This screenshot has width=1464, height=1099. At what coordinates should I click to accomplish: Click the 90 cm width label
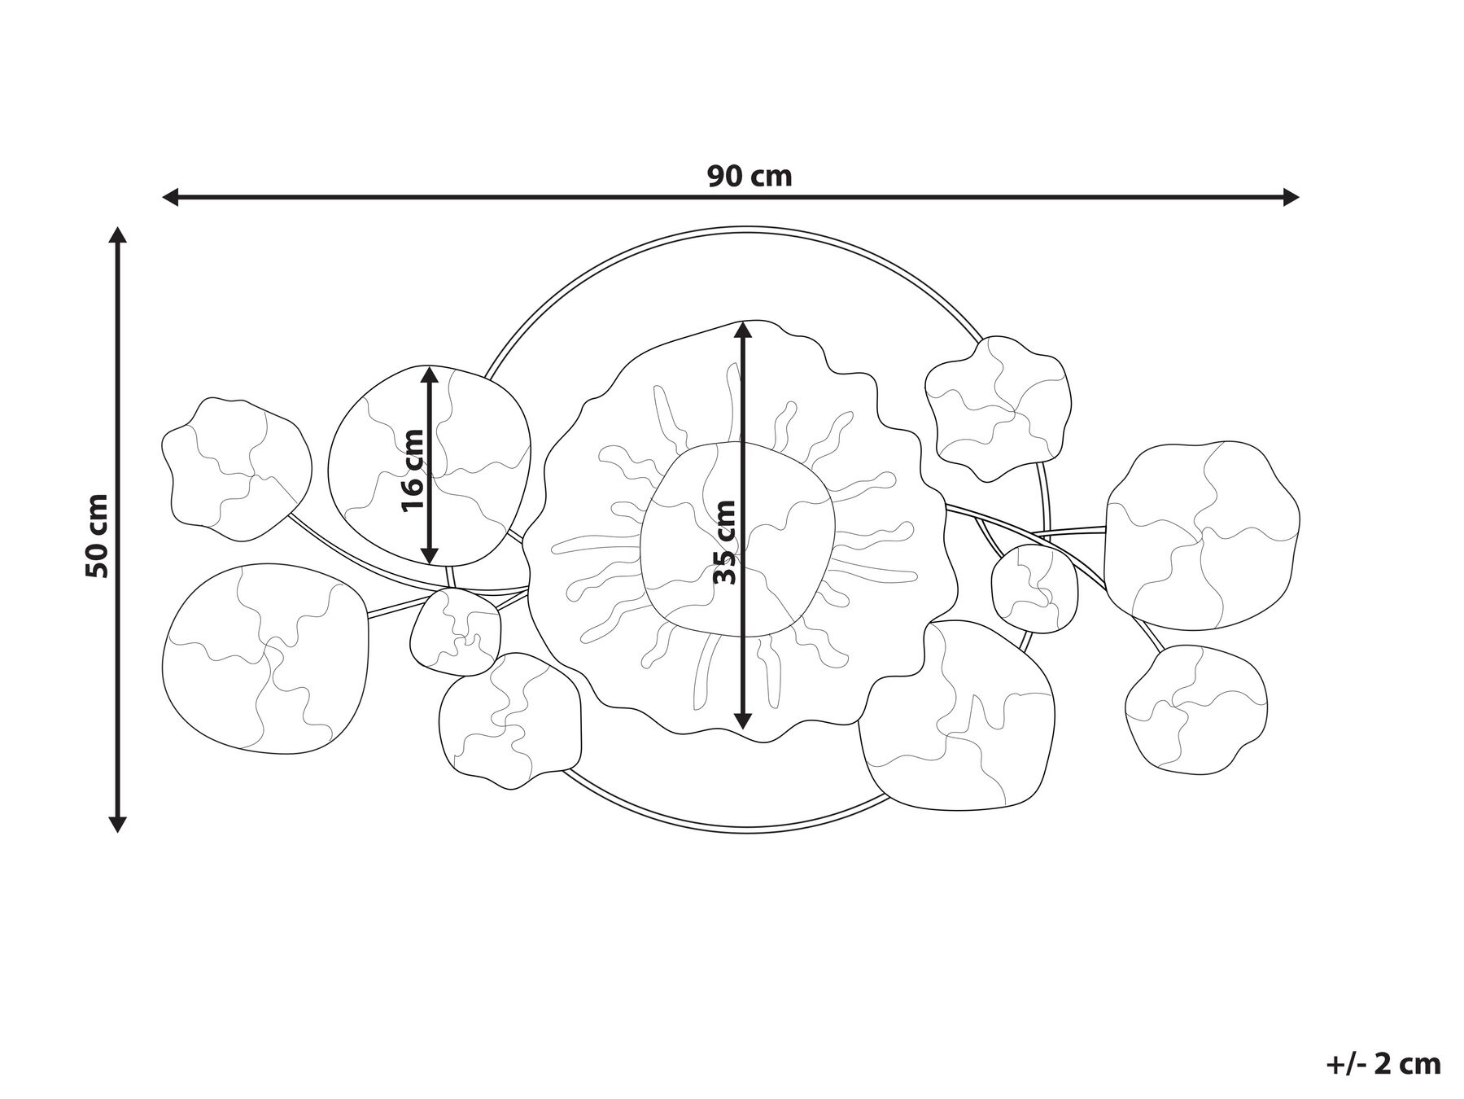tap(749, 176)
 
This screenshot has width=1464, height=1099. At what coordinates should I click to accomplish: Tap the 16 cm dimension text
tap(413, 470)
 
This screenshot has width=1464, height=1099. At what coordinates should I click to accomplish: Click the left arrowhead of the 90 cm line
tap(170, 196)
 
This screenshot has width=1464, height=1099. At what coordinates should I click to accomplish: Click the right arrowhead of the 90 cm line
tap(1290, 196)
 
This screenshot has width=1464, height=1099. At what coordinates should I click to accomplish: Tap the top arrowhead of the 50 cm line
tap(118, 235)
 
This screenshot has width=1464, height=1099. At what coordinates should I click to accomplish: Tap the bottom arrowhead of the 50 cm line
tap(118, 824)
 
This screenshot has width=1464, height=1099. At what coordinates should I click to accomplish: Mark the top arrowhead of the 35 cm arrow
tap(742, 330)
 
